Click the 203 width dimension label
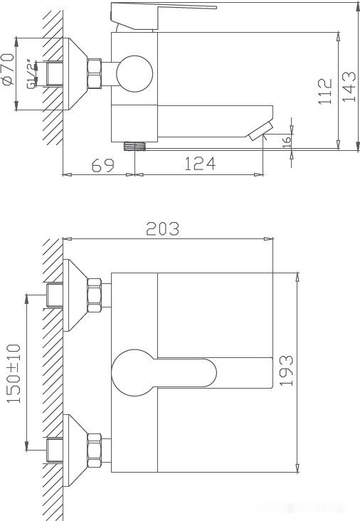pyautogui.click(x=162, y=229)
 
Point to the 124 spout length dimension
pyautogui.click(x=200, y=164)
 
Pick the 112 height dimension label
pyautogui.click(x=325, y=91)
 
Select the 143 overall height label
pyautogui.click(x=348, y=85)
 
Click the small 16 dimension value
pyautogui.click(x=287, y=142)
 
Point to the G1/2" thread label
pyautogui.click(x=31, y=74)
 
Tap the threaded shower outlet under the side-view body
pyautogui.click(x=134, y=145)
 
